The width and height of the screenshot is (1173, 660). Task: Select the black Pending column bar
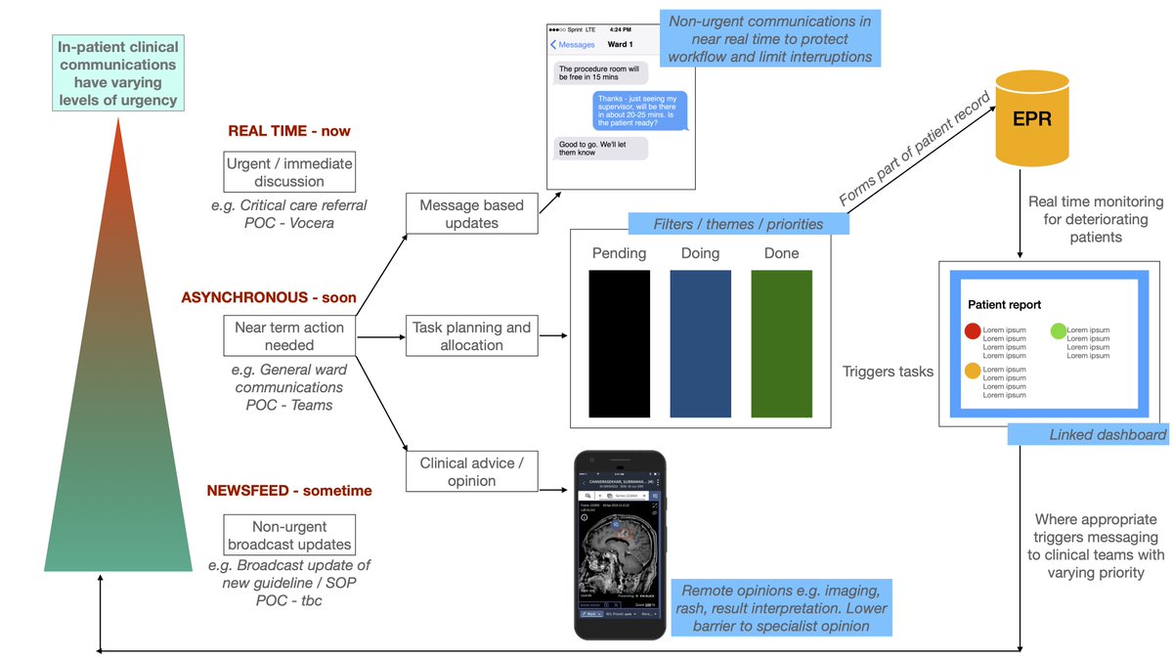tap(619, 343)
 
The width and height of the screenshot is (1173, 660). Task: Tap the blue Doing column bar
tap(700, 343)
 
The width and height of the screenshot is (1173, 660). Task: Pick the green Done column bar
tap(781, 343)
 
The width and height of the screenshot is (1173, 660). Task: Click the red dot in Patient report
tap(973, 331)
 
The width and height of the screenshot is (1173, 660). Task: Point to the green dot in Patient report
tap(1057, 331)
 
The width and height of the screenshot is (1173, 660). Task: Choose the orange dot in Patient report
tap(973, 371)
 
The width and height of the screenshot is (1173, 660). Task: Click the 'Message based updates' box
tap(471, 213)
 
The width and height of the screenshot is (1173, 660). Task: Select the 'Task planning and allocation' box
tap(471, 336)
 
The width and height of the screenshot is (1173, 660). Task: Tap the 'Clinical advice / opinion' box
tap(471, 472)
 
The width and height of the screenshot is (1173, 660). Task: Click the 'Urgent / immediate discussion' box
tap(288, 172)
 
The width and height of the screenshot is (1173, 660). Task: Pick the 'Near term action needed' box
tap(288, 335)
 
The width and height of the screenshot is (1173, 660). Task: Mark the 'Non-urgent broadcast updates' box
tap(288, 535)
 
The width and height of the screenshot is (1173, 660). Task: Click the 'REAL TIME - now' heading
tap(288, 130)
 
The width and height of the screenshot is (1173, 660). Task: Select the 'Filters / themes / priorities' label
tap(737, 224)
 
